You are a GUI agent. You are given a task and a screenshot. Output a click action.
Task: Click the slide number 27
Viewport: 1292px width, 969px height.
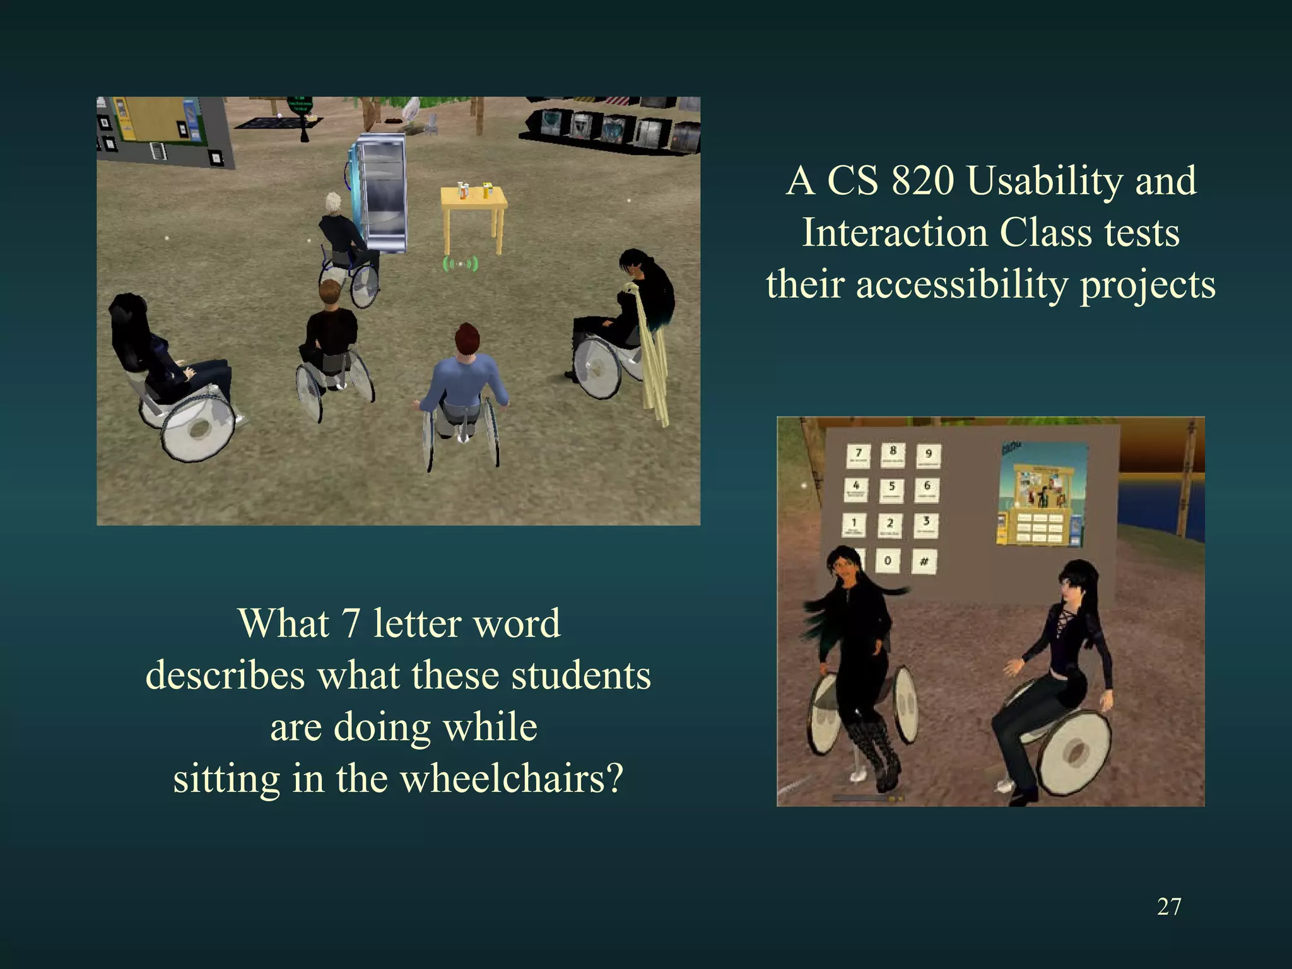[x=1169, y=907]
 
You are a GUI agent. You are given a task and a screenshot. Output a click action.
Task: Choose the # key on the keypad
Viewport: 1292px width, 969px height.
[x=924, y=561]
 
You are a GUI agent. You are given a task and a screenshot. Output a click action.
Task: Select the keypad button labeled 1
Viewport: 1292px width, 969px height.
[x=855, y=525]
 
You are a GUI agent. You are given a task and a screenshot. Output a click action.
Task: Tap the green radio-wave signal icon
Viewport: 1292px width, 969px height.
[x=461, y=264]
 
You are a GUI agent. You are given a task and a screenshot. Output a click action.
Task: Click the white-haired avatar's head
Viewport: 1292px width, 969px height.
[x=332, y=203]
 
